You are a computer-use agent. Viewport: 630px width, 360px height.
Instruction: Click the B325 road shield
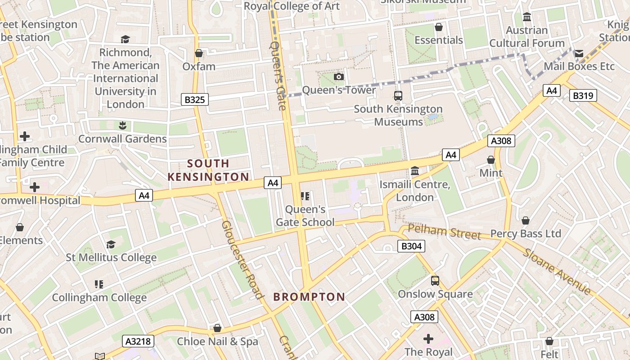pyautogui.click(x=195, y=99)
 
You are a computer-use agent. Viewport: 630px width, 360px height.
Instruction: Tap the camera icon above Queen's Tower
pyautogui.click(x=339, y=77)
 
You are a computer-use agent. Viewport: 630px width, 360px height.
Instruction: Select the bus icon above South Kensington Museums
pyautogui.click(x=398, y=95)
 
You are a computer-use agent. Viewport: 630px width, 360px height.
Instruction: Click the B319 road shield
pyautogui.click(x=583, y=95)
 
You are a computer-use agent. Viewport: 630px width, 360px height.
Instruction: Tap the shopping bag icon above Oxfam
pyautogui.click(x=199, y=54)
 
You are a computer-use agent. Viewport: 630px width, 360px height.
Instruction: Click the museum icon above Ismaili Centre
pyautogui.click(x=415, y=171)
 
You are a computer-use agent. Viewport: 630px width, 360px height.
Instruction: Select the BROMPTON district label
pyautogui.click(x=309, y=297)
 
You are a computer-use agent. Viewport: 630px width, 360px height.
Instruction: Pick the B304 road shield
pyautogui.click(x=411, y=246)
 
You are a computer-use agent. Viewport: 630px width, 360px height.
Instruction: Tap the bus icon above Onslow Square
pyautogui.click(x=435, y=281)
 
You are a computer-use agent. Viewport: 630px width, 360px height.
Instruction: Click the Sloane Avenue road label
pyautogui.click(x=557, y=271)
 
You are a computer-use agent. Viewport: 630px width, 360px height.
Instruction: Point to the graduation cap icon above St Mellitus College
pyautogui.click(x=111, y=244)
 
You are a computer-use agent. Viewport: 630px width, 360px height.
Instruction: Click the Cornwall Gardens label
pyautogui.click(x=122, y=139)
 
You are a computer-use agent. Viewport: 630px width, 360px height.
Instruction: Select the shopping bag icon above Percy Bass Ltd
pyautogui.click(x=525, y=221)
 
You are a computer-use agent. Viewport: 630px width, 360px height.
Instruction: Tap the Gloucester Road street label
pyautogui.click(x=242, y=260)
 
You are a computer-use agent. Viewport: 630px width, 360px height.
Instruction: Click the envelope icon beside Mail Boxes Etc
pyautogui.click(x=579, y=54)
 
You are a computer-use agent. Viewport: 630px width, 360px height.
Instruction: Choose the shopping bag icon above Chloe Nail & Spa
pyautogui.click(x=217, y=328)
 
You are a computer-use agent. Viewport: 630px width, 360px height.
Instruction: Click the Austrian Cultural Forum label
pyautogui.click(x=527, y=37)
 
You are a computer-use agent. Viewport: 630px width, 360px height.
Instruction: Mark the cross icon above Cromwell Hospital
pyautogui.click(x=35, y=187)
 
